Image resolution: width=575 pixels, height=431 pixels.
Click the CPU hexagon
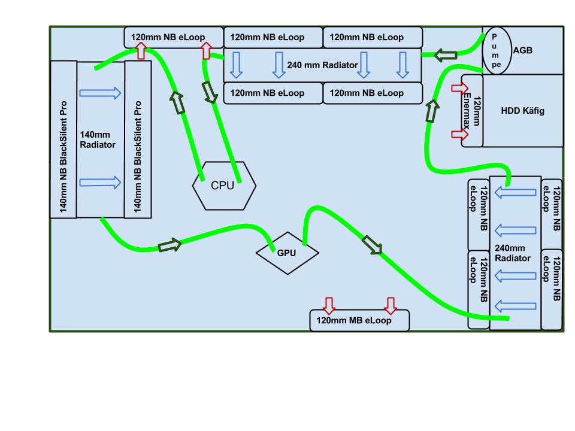[x=223, y=186]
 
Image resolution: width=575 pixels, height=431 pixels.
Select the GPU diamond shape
[x=287, y=253]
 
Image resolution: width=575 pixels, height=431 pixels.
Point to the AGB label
[x=523, y=51]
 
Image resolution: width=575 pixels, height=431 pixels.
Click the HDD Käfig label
[x=522, y=111]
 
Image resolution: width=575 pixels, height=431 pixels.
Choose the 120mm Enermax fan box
[x=473, y=111]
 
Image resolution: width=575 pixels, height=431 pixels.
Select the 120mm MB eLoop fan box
[x=359, y=320]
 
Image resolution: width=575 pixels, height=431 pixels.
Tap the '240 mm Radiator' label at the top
[x=323, y=65]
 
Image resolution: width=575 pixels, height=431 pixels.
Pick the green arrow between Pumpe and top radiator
[x=445, y=54]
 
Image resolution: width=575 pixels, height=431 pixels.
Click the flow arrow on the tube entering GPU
[x=170, y=245]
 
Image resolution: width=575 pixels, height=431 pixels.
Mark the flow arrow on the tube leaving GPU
[x=371, y=244]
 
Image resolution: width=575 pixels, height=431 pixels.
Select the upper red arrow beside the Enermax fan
[x=459, y=89]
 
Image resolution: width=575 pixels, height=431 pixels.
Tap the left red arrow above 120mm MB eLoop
[x=329, y=305]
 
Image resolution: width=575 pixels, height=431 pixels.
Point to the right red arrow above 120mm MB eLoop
[x=391, y=305]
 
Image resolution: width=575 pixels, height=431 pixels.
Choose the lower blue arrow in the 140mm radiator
[x=101, y=183]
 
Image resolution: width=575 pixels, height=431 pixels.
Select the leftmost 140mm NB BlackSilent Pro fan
[x=63, y=139]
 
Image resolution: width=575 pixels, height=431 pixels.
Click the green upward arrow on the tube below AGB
[x=431, y=110]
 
